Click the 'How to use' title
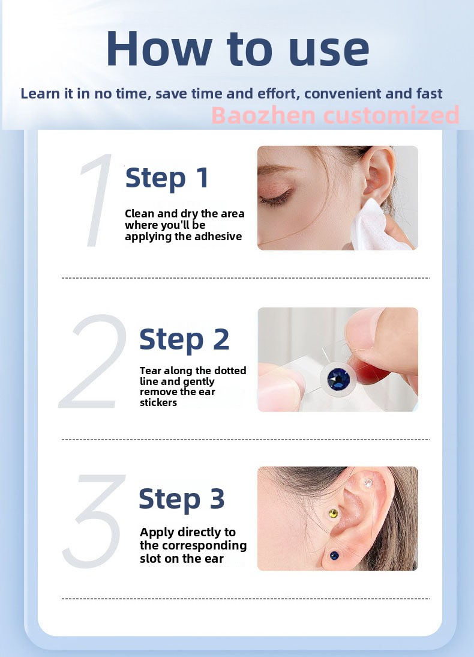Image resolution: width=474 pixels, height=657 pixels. coord(238,49)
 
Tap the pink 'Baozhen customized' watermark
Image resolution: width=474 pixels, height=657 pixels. coord(335,115)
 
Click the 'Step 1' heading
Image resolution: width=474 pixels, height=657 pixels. coord(167,178)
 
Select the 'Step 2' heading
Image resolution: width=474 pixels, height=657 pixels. coord(184,339)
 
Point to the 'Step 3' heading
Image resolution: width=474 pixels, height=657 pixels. coord(182,498)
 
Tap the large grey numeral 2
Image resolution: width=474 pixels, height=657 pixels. coord(93,361)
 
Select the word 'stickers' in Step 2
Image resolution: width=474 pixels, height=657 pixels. coord(158,402)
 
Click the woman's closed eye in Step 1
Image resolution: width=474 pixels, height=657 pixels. coord(276,197)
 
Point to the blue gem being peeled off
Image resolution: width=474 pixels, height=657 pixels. coord(338,379)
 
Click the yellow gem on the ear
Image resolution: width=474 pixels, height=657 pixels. coord(334,513)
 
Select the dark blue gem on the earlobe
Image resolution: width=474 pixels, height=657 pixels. coord(334,556)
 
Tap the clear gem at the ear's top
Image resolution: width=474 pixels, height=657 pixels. coord(368,484)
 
